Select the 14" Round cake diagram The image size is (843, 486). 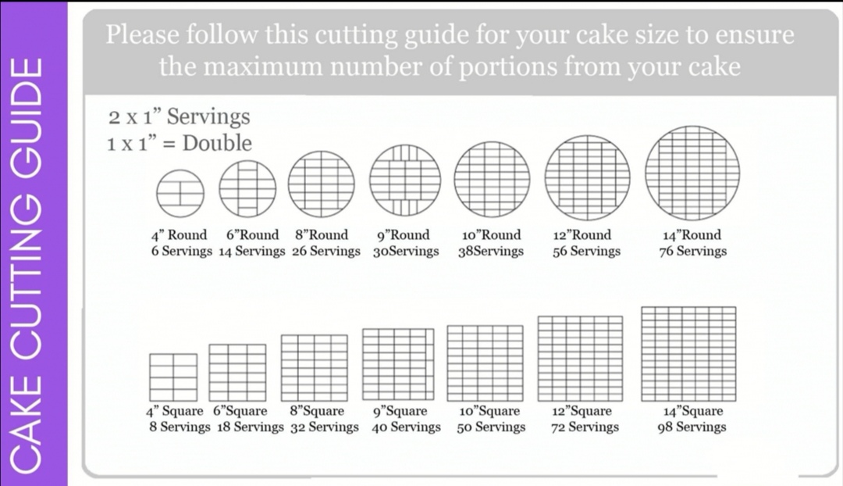coord(692,173)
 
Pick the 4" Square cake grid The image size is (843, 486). coord(173,377)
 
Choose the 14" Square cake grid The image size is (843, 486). coord(688,353)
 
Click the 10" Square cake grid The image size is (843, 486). coord(485,363)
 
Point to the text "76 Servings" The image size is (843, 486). coord(692,252)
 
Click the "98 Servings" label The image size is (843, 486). coord(692,427)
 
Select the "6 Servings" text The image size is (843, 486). coord(181,252)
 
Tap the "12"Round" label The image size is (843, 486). coord(582,235)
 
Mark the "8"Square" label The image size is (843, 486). coord(317,411)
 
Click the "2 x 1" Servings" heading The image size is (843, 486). coord(180,117)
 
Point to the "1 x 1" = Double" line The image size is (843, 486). coord(180,144)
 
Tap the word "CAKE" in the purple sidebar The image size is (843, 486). coord(34,436)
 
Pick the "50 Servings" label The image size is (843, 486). coord(491,427)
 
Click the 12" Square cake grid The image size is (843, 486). coord(581,358)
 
